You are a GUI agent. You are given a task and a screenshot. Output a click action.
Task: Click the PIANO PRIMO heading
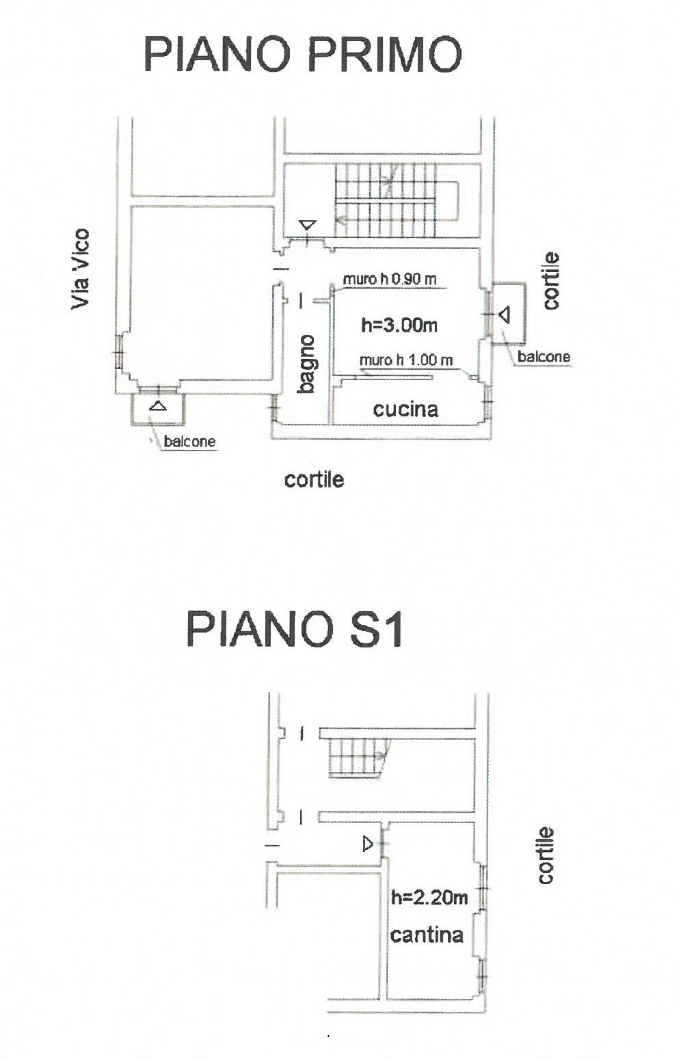(x=303, y=55)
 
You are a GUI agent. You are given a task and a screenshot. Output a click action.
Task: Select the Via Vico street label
(x=81, y=269)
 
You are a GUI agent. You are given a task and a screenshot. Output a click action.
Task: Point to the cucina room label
(x=405, y=410)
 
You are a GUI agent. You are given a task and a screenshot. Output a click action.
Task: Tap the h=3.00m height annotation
(x=399, y=325)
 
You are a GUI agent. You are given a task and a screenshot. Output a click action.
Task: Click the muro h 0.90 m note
(x=390, y=279)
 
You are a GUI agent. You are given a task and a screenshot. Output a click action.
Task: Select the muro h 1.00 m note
(x=406, y=360)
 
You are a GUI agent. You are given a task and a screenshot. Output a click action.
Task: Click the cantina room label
(x=427, y=935)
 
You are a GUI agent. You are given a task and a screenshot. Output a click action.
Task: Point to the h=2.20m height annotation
(x=429, y=898)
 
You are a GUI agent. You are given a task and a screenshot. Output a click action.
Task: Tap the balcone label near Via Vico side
(x=189, y=442)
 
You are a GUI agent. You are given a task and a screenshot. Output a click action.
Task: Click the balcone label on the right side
(x=544, y=356)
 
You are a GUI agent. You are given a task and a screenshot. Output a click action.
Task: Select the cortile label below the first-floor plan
(x=314, y=480)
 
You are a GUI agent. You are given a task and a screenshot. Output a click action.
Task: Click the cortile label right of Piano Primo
(x=551, y=281)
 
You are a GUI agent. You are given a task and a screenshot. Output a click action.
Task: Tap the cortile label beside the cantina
(x=546, y=855)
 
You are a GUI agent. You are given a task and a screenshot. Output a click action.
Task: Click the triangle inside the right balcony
(x=505, y=314)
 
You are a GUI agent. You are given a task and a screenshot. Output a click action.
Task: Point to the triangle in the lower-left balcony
(x=157, y=405)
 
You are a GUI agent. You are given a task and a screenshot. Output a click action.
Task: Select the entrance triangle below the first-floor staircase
(x=308, y=224)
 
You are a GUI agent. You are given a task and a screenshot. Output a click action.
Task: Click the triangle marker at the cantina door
(x=368, y=844)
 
